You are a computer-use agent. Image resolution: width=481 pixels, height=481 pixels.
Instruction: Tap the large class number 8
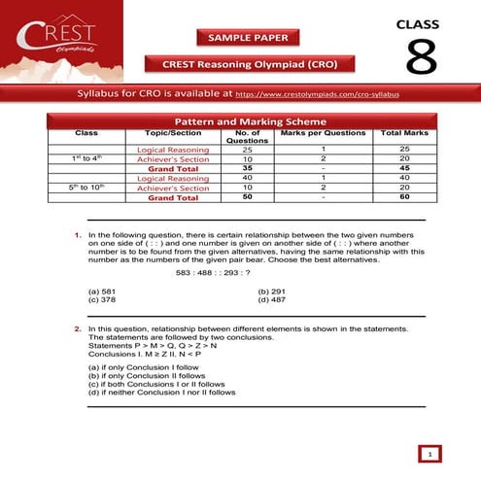coord(420,57)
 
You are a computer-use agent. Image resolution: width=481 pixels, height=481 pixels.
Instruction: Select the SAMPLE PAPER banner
coord(248,37)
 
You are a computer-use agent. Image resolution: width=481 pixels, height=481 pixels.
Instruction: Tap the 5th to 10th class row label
coord(86,188)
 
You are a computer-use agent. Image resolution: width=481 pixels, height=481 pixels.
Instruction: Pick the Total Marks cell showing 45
coord(405,167)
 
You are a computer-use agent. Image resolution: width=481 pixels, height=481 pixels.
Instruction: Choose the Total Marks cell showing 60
coord(405,197)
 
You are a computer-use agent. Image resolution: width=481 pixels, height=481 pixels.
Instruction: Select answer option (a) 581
coord(102,292)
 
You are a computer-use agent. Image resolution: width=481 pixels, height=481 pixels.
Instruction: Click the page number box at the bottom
coord(429,453)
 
